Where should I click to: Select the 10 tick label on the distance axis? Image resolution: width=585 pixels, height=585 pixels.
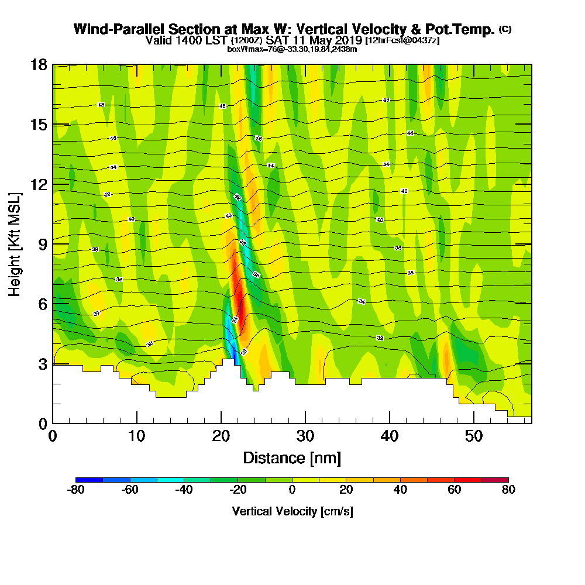136,436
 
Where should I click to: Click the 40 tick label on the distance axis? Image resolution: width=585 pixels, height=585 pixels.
389,436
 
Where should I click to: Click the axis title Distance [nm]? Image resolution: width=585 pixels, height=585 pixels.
292,457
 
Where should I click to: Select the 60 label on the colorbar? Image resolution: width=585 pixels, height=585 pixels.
455,490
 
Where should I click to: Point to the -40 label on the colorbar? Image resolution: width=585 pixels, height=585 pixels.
184,490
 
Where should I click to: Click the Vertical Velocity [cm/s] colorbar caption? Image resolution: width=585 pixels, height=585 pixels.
292,511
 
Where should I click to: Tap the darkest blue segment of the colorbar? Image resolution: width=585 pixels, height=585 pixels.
90,480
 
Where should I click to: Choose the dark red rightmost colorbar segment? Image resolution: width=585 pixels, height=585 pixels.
495,480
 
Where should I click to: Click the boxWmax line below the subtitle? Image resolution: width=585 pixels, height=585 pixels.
292,49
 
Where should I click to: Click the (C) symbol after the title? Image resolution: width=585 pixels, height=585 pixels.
505,29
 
